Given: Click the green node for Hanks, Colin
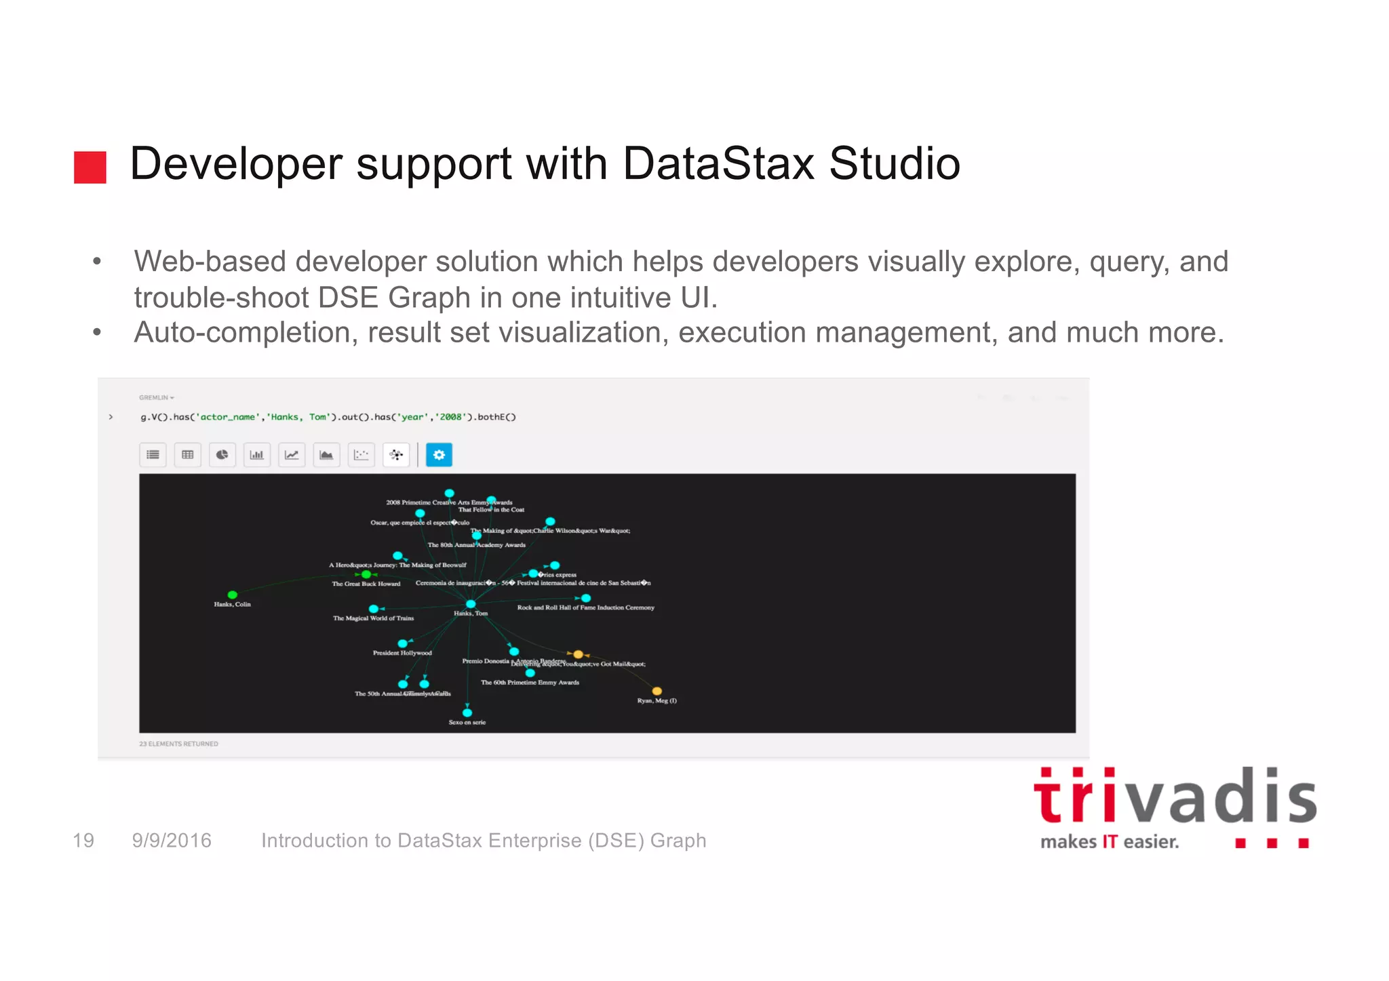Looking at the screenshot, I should tap(233, 595).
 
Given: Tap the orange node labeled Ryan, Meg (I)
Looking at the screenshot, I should tap(657, 691).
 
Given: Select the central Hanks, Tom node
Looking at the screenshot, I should tap(471, 603).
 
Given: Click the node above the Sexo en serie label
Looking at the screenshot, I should tap(467, 713).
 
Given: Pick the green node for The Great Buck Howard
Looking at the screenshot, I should tap(366, 574).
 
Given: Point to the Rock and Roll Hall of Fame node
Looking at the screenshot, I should tap(586, 598).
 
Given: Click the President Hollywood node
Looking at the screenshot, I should tap(402, 643).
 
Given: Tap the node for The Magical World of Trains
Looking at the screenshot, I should tap(374, 609).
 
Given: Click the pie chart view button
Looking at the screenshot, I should tap(222, 455).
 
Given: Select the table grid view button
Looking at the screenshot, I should tap(187, 455).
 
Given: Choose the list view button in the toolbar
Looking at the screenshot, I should tap(153, 455).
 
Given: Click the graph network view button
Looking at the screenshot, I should tap(396, 455).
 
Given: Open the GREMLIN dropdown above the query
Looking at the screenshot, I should tap(157, 397).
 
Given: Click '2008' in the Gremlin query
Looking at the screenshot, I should tap(450, 417).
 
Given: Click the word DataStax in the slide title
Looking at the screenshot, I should tap(718, 163).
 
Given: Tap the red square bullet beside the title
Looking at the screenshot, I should tap(90, 167).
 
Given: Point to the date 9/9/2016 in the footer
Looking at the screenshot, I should tap(172, 841).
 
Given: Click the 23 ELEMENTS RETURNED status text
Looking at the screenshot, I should tap(178, 744).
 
